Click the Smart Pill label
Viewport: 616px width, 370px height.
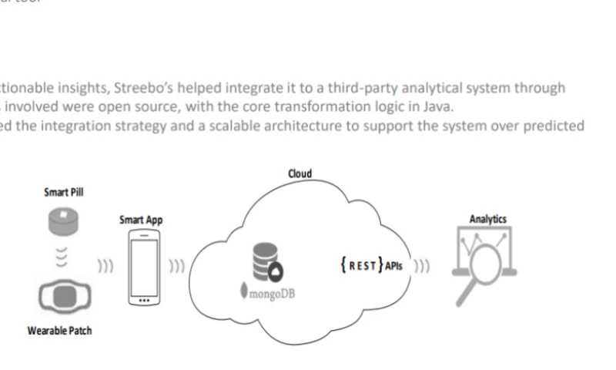pos(64,192)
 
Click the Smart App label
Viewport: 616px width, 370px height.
pos(141,220)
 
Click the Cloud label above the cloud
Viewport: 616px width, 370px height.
pos(300,173)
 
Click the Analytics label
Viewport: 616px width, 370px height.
pos(487,220)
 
